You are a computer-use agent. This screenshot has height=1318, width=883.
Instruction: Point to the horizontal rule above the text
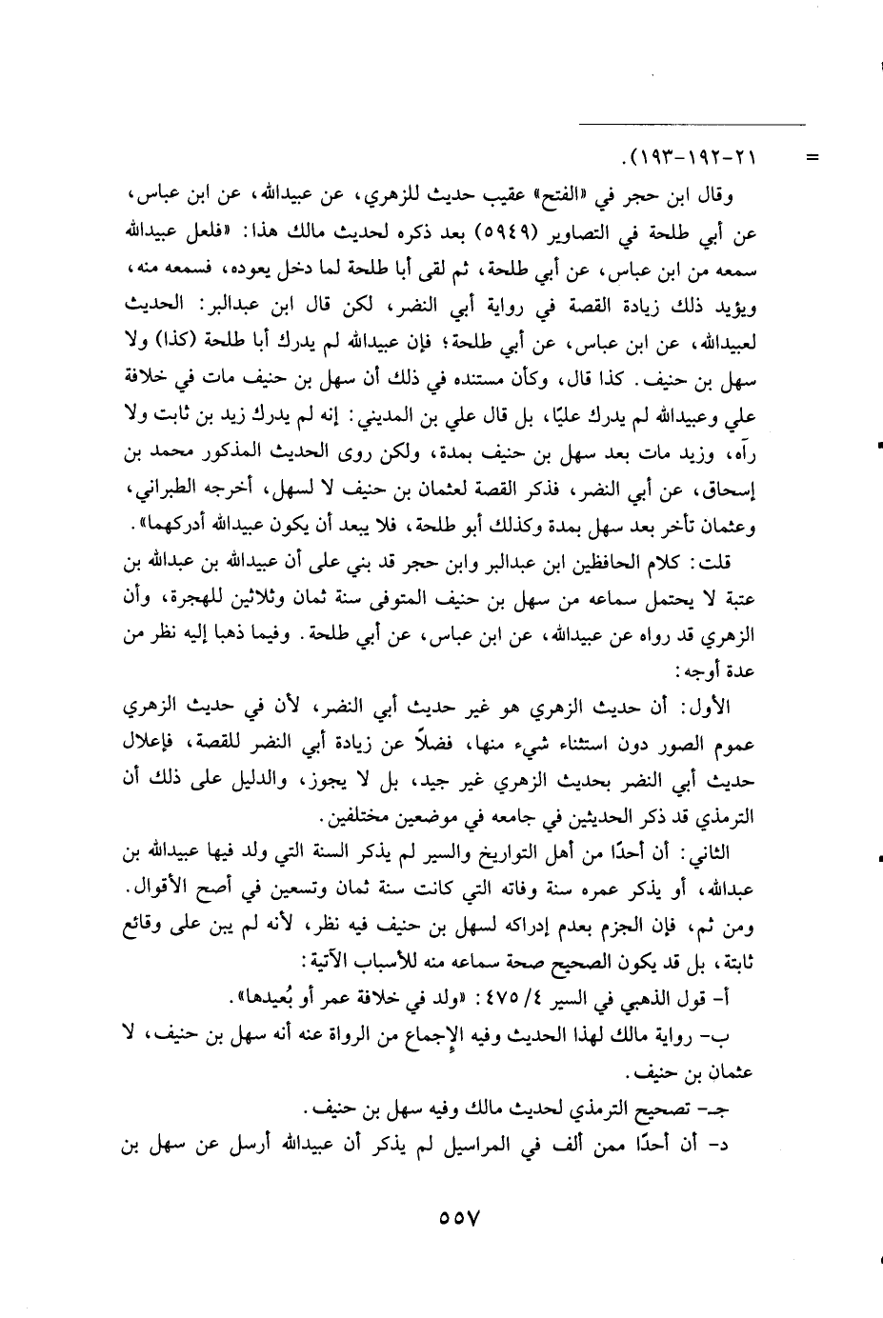point(692,124)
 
